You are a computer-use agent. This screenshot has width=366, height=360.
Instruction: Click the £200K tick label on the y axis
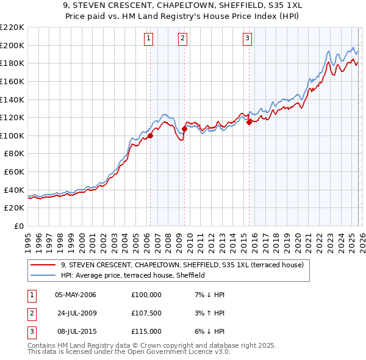point(12,45)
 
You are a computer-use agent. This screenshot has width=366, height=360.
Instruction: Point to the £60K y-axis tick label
point(14,171)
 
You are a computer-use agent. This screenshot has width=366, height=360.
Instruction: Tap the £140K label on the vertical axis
point(12,99)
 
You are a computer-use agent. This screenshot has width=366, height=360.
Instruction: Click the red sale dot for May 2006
point(150,135)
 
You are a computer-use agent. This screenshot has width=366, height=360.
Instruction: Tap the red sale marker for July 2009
point(184,129)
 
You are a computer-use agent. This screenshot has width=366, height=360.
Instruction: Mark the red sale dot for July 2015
point(249,122)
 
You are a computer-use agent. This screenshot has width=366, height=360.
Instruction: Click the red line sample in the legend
point(44,265)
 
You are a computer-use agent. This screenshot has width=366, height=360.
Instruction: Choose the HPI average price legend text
point(132,275)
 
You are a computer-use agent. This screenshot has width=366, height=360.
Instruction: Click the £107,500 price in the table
point(146,313)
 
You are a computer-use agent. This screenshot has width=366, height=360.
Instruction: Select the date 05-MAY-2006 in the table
point(76,295)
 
